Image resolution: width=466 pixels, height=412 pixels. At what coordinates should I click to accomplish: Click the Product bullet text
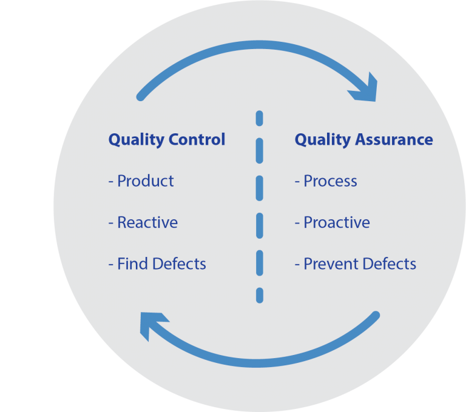(146, 181)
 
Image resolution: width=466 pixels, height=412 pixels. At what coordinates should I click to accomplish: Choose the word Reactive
(147, 222)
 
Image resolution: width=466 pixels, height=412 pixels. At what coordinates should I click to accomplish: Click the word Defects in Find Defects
(179, 264)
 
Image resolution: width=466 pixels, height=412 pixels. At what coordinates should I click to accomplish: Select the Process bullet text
(330, 181)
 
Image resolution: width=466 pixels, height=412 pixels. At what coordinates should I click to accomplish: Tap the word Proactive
(337, 222)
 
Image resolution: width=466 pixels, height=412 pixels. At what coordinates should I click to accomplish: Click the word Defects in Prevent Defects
(389, 264)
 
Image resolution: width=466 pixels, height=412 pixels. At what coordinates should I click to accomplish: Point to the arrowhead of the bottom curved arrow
(152, 325)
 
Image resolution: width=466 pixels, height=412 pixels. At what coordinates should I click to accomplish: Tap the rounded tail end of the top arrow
(141, 96)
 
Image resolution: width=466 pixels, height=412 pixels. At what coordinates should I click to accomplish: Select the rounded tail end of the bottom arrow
(375, 316)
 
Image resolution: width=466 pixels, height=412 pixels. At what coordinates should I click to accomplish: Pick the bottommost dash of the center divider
(259, 295)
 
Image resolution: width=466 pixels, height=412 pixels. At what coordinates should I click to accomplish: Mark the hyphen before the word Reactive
(111, 223)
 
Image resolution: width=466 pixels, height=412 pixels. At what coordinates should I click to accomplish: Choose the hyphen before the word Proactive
(297, 223)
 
